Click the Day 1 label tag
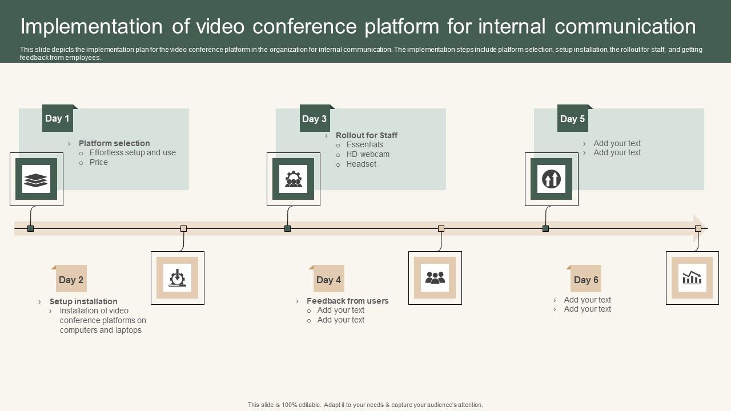click(x=58, y=118)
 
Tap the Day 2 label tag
click(x=71, y=279)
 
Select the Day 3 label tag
click(x=315, y=119)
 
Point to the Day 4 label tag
click(x=329, y=279)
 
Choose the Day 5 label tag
click(x=572, y=119)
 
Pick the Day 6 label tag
click(x=586, y=279)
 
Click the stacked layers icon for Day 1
click(x=36, y=179)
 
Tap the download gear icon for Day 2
click(x=178, y=277)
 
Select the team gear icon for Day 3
click(x=293, y=179)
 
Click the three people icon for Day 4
click(x=435, y=277)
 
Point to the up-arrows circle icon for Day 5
click(x=551, y=179)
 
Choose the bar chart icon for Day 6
click(x=692, y=277)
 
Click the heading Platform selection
click(x=114, y=143)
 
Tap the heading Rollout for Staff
click(x=367, y=135)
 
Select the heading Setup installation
click(x=83, y=301)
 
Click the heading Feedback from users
click(x=347, y=301)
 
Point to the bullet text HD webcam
click(x=368, y=154)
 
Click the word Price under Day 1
click(x=99, y=162)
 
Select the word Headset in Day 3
click(x=362, y=164)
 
